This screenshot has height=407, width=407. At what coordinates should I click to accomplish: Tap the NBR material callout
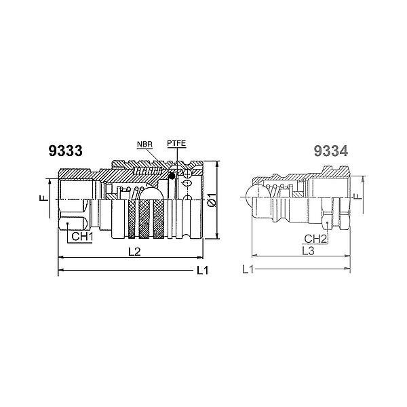click(144, 145)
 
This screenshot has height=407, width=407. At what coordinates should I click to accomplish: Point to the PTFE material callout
click(176, 145)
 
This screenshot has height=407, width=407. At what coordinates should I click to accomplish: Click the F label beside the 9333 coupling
click(42, 199)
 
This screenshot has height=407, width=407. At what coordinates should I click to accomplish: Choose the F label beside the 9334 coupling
click(357, 197)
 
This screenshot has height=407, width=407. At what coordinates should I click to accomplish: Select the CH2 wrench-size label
click(316, 239)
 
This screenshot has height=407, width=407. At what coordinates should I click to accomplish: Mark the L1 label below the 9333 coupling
click(202, 271)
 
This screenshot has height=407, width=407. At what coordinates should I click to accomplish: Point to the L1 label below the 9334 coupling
click(248, 270)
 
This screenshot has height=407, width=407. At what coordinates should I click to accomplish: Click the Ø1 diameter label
click(212, 200)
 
